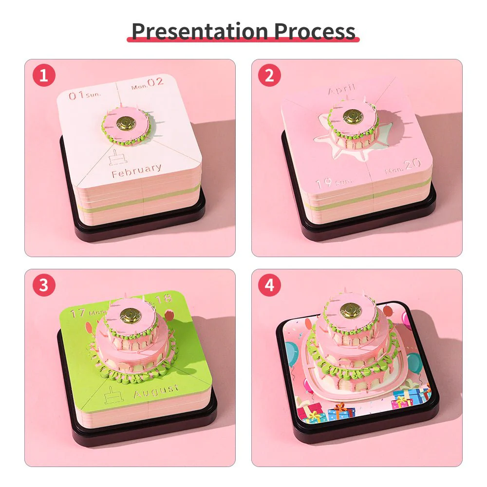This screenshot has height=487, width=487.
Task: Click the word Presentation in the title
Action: [200, 31]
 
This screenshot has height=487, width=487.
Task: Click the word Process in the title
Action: [315, 31]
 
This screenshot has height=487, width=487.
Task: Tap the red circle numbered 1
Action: [44, 75]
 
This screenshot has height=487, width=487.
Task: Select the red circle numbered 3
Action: [44, 285]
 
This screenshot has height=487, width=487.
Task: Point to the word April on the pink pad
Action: [342, 90]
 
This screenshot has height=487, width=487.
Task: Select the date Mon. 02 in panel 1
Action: [148, 83]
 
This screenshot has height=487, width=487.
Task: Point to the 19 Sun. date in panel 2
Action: [334, 183]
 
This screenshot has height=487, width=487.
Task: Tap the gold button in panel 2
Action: [352, 116]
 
